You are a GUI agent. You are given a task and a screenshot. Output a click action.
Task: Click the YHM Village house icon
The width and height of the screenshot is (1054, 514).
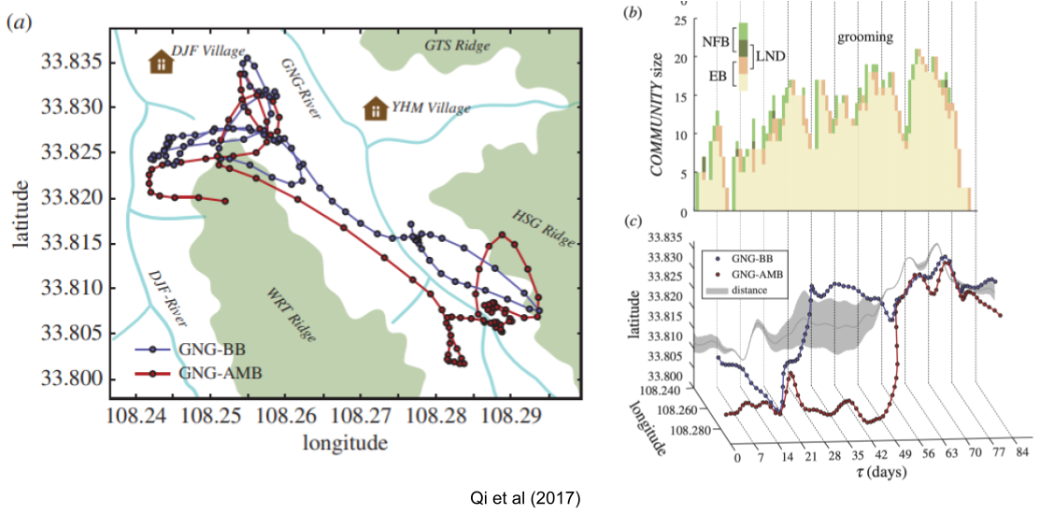(x=376, y=108)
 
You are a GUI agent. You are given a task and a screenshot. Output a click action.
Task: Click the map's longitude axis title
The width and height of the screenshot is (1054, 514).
(x=345, y=442)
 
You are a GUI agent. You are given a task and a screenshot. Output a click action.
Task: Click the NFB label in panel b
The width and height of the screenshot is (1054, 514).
(x=715, y=42)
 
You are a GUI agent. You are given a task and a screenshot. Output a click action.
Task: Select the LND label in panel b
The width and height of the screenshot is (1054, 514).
(x=770, y=56)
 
